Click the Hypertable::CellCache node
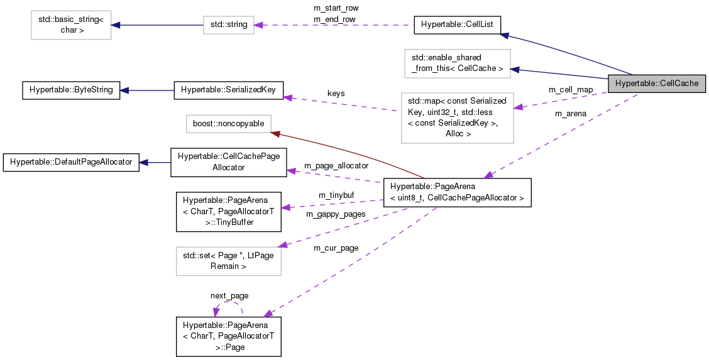(x=657, y=83)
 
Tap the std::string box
(x=229, y=25)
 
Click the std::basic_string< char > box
(x=71, y=25)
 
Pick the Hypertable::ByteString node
(x=70, y=90)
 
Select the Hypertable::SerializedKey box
(x=229, y=90)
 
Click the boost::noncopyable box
(x=228, y=124)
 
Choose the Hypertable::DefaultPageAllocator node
(x=71, y=162)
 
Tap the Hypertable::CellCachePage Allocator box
(x=229, y=163)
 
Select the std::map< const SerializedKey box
(x=457, y=117)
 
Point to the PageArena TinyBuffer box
(x=228, y=211)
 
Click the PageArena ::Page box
(x=228, y=336)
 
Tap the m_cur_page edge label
(x=336, y=248)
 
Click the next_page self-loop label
(x=229, y=295)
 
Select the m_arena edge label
(x=570, y=114)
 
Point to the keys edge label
(x=336, y=94)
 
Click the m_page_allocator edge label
(x=336, y=166)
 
